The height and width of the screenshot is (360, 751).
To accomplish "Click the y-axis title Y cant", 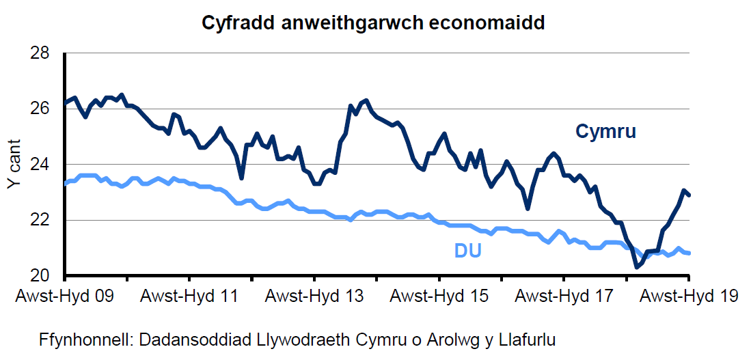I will point(15,165).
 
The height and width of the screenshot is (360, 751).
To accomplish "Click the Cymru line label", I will point(605,131).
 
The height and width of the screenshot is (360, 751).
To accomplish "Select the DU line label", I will point(468,251).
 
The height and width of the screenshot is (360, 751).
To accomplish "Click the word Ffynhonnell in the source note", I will point(84,340).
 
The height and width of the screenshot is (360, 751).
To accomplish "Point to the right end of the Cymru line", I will point(689,195).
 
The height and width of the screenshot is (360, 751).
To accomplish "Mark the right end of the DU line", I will point(689,253).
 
